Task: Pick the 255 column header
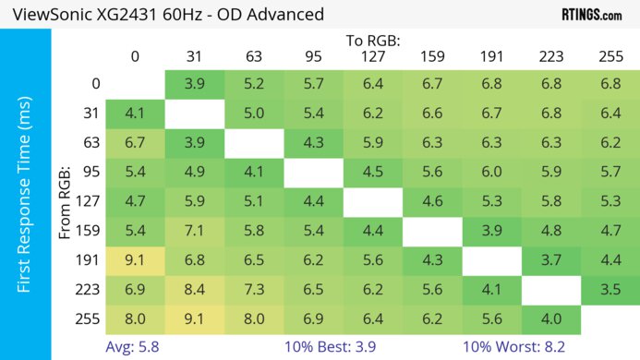pyautogui.click(x=610, y=56)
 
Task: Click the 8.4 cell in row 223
pyautogui.click(x=194, y=290)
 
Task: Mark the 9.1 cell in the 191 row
pyautogui.click(x=135, y=260)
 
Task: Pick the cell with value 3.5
pyautogui.click(x=610, y=290)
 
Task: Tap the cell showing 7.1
pyautogui.click(x=194, y=231)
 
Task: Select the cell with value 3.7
pyautogui.click(x=550, y=260)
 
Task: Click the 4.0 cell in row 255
pyautogui.click(x=550, y=319)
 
